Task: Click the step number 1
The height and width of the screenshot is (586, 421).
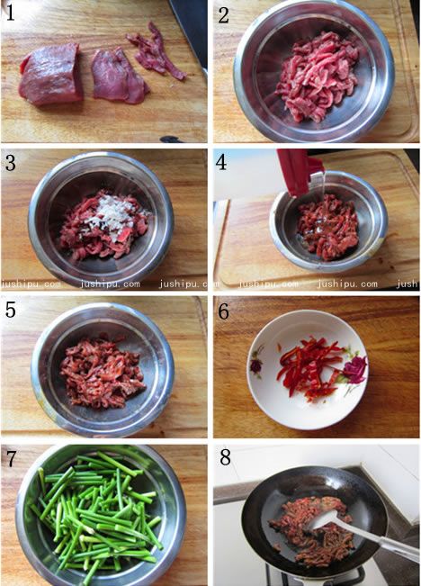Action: (x=10, y=13)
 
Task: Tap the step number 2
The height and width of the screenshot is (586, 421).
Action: (x=223, y=15)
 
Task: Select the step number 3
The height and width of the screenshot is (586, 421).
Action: (x=11, y=163)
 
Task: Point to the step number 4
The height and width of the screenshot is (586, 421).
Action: (x=221, y=163)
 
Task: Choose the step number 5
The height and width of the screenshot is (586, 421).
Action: (x=11, y=310)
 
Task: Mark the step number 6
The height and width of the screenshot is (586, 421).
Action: (x=223, y=311)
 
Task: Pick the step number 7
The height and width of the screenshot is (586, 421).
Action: (x=11, y=458)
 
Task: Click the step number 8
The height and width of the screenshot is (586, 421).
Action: (x=225, y=457)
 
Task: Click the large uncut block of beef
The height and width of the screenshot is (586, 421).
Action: (x=50, y=74)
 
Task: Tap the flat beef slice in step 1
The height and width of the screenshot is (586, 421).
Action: (x=119, y=76)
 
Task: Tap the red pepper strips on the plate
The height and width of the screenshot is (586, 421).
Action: (x=311, y=367)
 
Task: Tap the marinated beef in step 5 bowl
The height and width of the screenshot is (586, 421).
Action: (x=102, y=373)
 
